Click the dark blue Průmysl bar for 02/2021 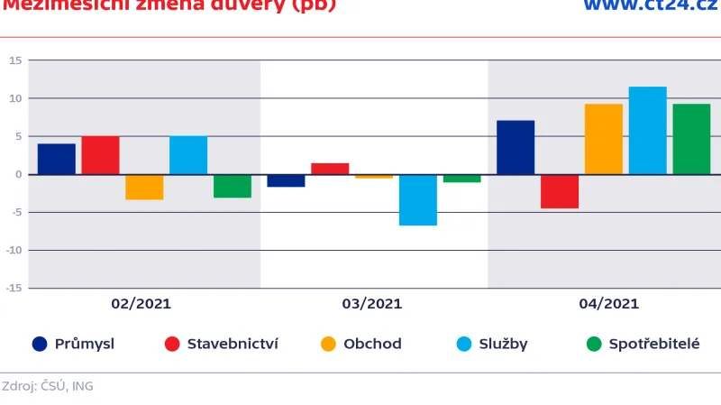point(57,159)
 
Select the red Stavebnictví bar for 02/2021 point(100,155)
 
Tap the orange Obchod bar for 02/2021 point(144,187)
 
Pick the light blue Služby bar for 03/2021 point(418,199)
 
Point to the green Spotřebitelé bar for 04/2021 point(691,139)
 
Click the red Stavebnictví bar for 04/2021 point(560,191)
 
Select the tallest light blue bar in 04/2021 point(647,130)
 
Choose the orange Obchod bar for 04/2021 point(604,139)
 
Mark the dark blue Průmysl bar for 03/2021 point(286,180)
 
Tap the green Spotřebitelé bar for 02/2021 point(233,186)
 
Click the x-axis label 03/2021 point(372,304)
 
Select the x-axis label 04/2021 point(608,304)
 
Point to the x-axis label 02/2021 point(141,304)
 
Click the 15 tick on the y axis point(15,60)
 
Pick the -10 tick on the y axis point(14,250)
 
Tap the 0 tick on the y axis point(18,174)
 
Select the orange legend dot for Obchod point(328,344)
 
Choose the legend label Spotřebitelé point(653,344)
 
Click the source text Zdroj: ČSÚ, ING point(47,386)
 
